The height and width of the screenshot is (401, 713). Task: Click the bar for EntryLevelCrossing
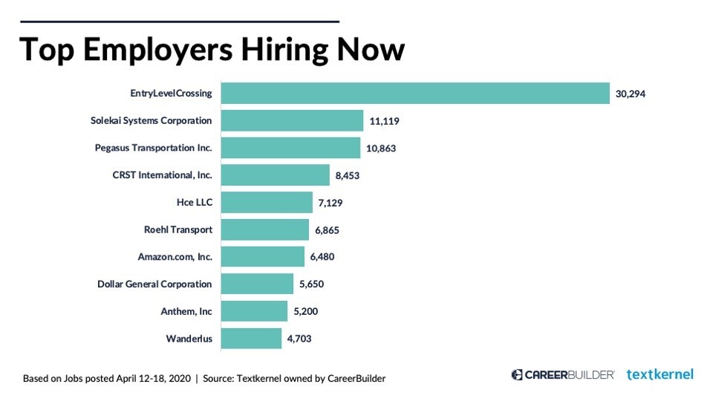[415, 94]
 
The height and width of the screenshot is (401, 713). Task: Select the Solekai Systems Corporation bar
[293, 120]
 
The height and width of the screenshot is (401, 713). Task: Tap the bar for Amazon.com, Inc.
[263, 257]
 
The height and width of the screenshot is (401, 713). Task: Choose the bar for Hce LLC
[267, 202]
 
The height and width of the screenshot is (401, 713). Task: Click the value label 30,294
[631, 94]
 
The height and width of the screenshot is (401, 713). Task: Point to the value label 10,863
[381, 148]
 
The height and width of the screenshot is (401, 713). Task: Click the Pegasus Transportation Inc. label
[154, 148]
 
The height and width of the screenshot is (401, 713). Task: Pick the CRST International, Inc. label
[162, 175]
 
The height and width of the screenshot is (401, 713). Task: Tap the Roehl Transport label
[178, 229]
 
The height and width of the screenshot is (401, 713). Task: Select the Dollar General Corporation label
[154, 284]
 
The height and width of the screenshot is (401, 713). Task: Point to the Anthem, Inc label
[187, 311]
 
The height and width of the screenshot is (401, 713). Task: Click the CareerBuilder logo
[562, 374]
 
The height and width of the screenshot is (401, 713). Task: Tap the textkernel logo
[660, 374]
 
